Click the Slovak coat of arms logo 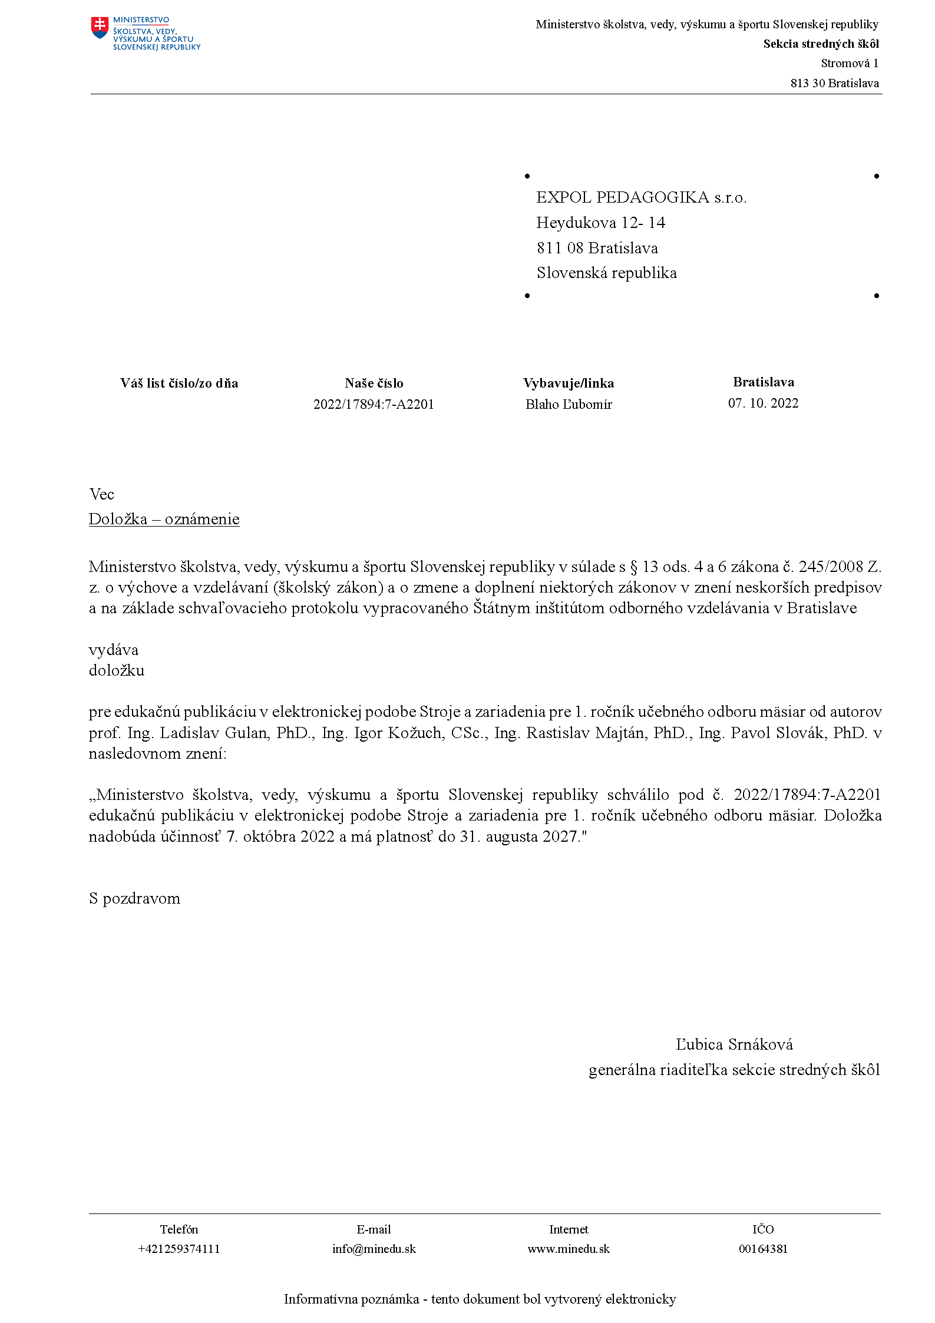point(100,28)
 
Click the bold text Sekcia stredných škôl point(821,44)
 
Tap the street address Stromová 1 point(849,63)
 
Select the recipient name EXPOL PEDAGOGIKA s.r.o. point(641,197)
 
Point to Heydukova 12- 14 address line point(600,223)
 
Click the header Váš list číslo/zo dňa point(179,383)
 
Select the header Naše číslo point(374,383)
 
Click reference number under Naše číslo point(374,404)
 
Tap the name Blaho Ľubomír point(569,404)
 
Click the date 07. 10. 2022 point(763,403)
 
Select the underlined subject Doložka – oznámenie point(164,519)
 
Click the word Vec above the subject point(101,494)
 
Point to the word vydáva point(114,650)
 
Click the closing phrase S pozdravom point(134,898)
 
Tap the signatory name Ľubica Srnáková point(734,1044)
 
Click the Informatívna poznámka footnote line point(480,1299)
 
